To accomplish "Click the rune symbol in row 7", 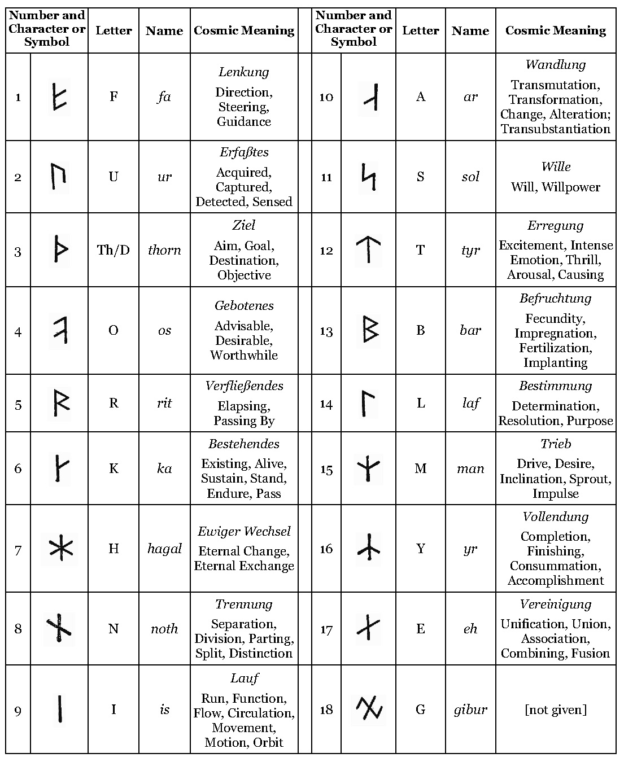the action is click(x=59, y=549).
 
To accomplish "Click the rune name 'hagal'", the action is click(x=164, y=549).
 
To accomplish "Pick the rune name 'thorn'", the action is click(x=164, y=250).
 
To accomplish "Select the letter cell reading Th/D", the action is click(x=114, y=250).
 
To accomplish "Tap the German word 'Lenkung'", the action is click(x=244, y=72).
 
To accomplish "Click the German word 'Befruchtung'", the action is click(x=556, y=299).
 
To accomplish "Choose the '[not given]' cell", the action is click(x=556, y=710).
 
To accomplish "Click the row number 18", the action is click(x=326, y=710).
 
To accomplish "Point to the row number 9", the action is click(x=18, y=711).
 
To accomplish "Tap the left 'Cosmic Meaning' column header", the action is click(x=244, y=30).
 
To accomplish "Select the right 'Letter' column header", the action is click(x=420, y=30).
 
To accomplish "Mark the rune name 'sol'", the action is click(x=470, y=177).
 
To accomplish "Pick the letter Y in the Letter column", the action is click(x=420, y=549).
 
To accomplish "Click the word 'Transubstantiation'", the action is click(x=556, y=129).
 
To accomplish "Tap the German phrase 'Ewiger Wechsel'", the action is click(x=244, y=532).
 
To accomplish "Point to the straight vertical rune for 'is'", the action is click(x=59, y=709).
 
